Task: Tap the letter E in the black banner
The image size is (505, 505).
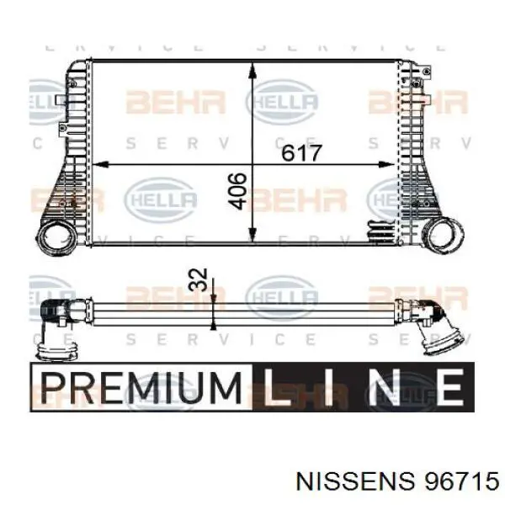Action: [449, 389]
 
